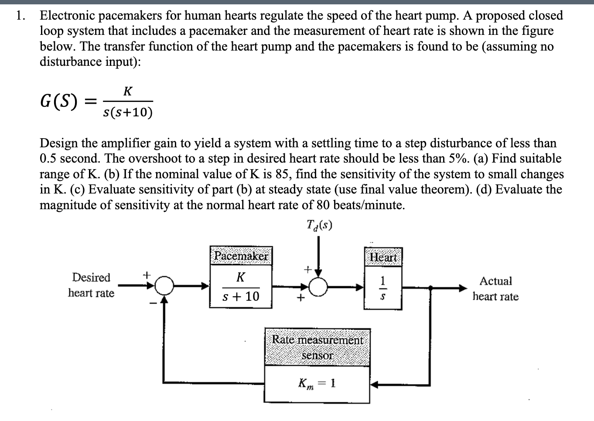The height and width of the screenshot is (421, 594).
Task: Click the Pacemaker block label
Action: pos(241,256)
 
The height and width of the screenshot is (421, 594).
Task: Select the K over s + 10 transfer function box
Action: pos(241,287)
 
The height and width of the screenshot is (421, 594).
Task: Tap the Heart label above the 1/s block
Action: pos(383,258)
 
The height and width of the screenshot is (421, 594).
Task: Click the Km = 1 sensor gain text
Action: pos(317,384)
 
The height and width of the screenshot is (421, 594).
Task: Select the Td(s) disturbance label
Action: pos(320,225)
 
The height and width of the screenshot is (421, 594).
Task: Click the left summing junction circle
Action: pos(164,286)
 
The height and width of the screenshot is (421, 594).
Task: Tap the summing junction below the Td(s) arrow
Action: pos(319,286)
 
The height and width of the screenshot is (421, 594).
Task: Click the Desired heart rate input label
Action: pos(91,285)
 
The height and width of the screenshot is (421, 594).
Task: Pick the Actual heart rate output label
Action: pos(495,289)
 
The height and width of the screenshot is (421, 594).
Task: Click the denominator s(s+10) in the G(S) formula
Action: pos(128,112)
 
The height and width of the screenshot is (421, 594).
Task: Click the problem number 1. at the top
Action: pos(19,16)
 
